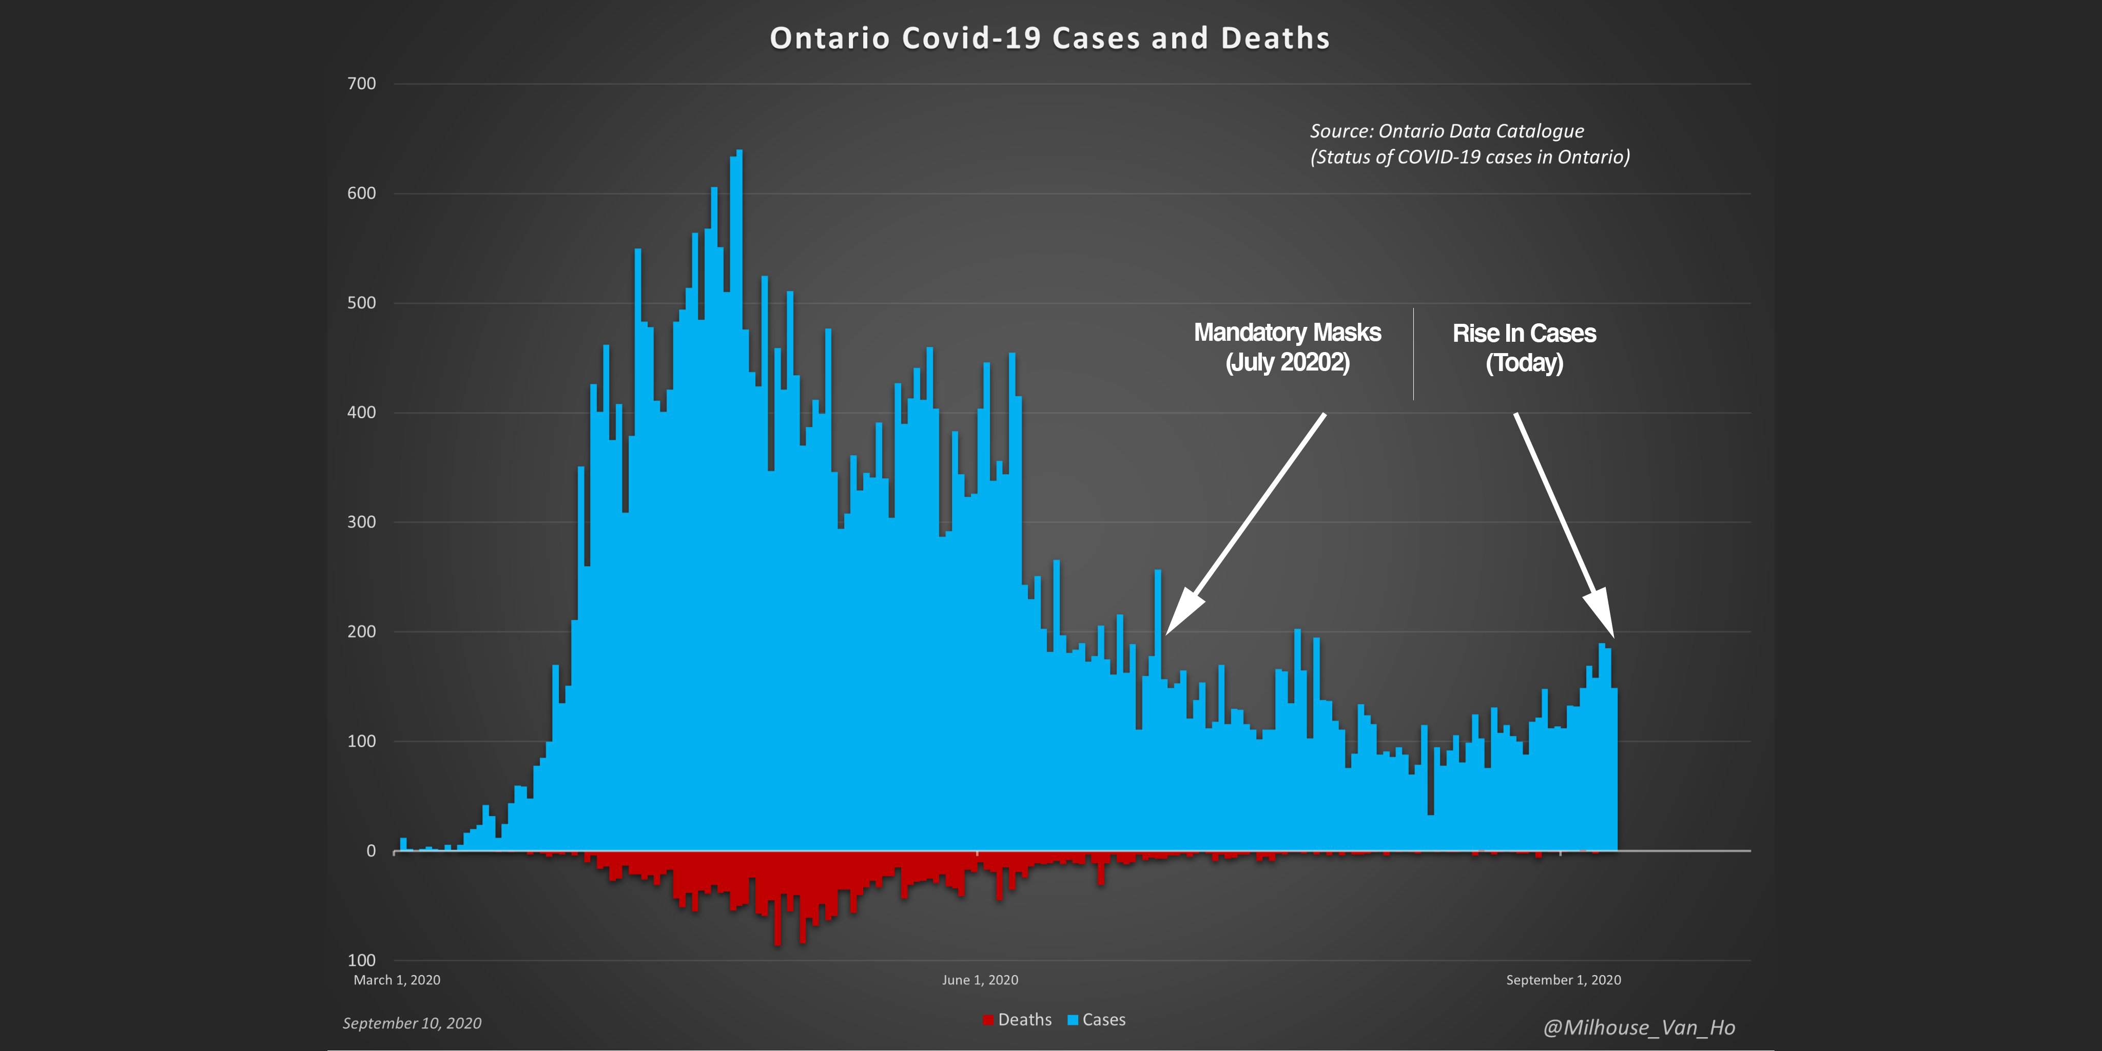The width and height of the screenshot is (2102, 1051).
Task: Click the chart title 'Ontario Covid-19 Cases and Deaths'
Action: (1049, 38)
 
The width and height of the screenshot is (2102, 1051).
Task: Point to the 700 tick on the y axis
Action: (361, 83)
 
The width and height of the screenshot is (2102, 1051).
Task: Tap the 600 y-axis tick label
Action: (361, 193)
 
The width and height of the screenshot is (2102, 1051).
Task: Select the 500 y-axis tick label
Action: (361, 303)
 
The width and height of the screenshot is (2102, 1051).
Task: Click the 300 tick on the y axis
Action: (361, 522)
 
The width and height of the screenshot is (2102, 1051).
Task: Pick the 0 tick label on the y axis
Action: (371, 851)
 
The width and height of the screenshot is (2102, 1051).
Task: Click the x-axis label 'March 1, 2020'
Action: (397, 980)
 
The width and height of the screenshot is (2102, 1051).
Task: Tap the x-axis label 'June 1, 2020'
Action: (980, 980)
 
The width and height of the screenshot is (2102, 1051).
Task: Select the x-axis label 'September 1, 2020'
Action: (1564, 980)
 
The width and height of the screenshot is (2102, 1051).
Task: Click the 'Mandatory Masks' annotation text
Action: (1287, 333)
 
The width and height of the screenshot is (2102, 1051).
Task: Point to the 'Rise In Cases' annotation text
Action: (1524, 334)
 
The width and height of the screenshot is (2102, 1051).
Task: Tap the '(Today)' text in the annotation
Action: (1524, 363)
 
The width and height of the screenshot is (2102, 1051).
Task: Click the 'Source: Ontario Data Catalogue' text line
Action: (1447, 131)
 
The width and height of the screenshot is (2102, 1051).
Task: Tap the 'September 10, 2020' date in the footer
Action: (412, 1023)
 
